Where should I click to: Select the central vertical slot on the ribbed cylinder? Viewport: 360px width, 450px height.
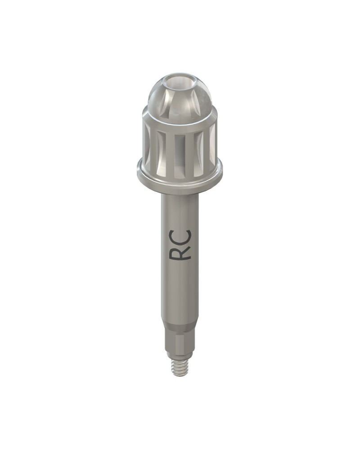pos(180,155)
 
